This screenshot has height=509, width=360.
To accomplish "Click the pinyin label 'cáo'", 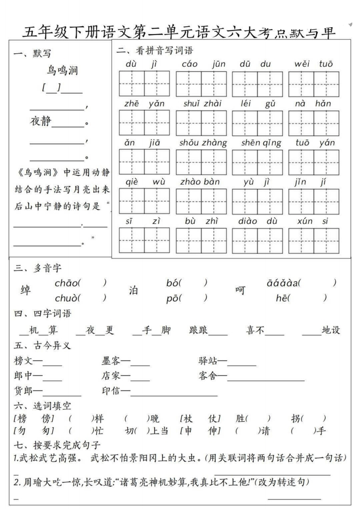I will [189, 64].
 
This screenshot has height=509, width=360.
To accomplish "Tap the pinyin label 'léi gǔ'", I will [258, 103].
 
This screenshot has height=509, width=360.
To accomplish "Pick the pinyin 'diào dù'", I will [257, 221].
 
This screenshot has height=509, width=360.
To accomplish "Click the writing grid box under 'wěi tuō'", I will [313, 84].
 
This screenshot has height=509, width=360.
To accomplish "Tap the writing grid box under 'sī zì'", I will [144, 240].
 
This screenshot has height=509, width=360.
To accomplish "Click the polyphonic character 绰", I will [26, 290].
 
